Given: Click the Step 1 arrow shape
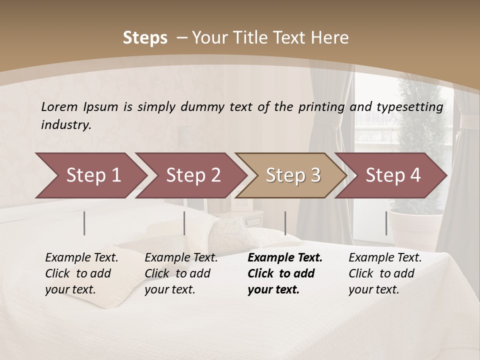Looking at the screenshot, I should (x=90, y=175).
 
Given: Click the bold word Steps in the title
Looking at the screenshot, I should (x=145, y=37).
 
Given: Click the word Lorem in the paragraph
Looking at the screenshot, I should (x=59, y=106).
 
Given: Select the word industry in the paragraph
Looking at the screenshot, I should (x=66, y=124).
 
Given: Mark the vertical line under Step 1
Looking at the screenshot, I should (x=84, y=223).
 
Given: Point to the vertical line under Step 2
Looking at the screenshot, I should (x=184, y=223).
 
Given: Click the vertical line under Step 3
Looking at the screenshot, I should (x=285, y=223).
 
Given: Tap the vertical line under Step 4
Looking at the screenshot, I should (x=386, y=223).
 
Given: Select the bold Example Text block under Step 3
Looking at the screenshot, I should (x=285, y=273).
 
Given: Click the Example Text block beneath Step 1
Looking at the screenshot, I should (x=81, y=273).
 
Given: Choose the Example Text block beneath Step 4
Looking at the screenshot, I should (x=385, y=273).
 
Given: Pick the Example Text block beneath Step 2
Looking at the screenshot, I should (x=181, y=273).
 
